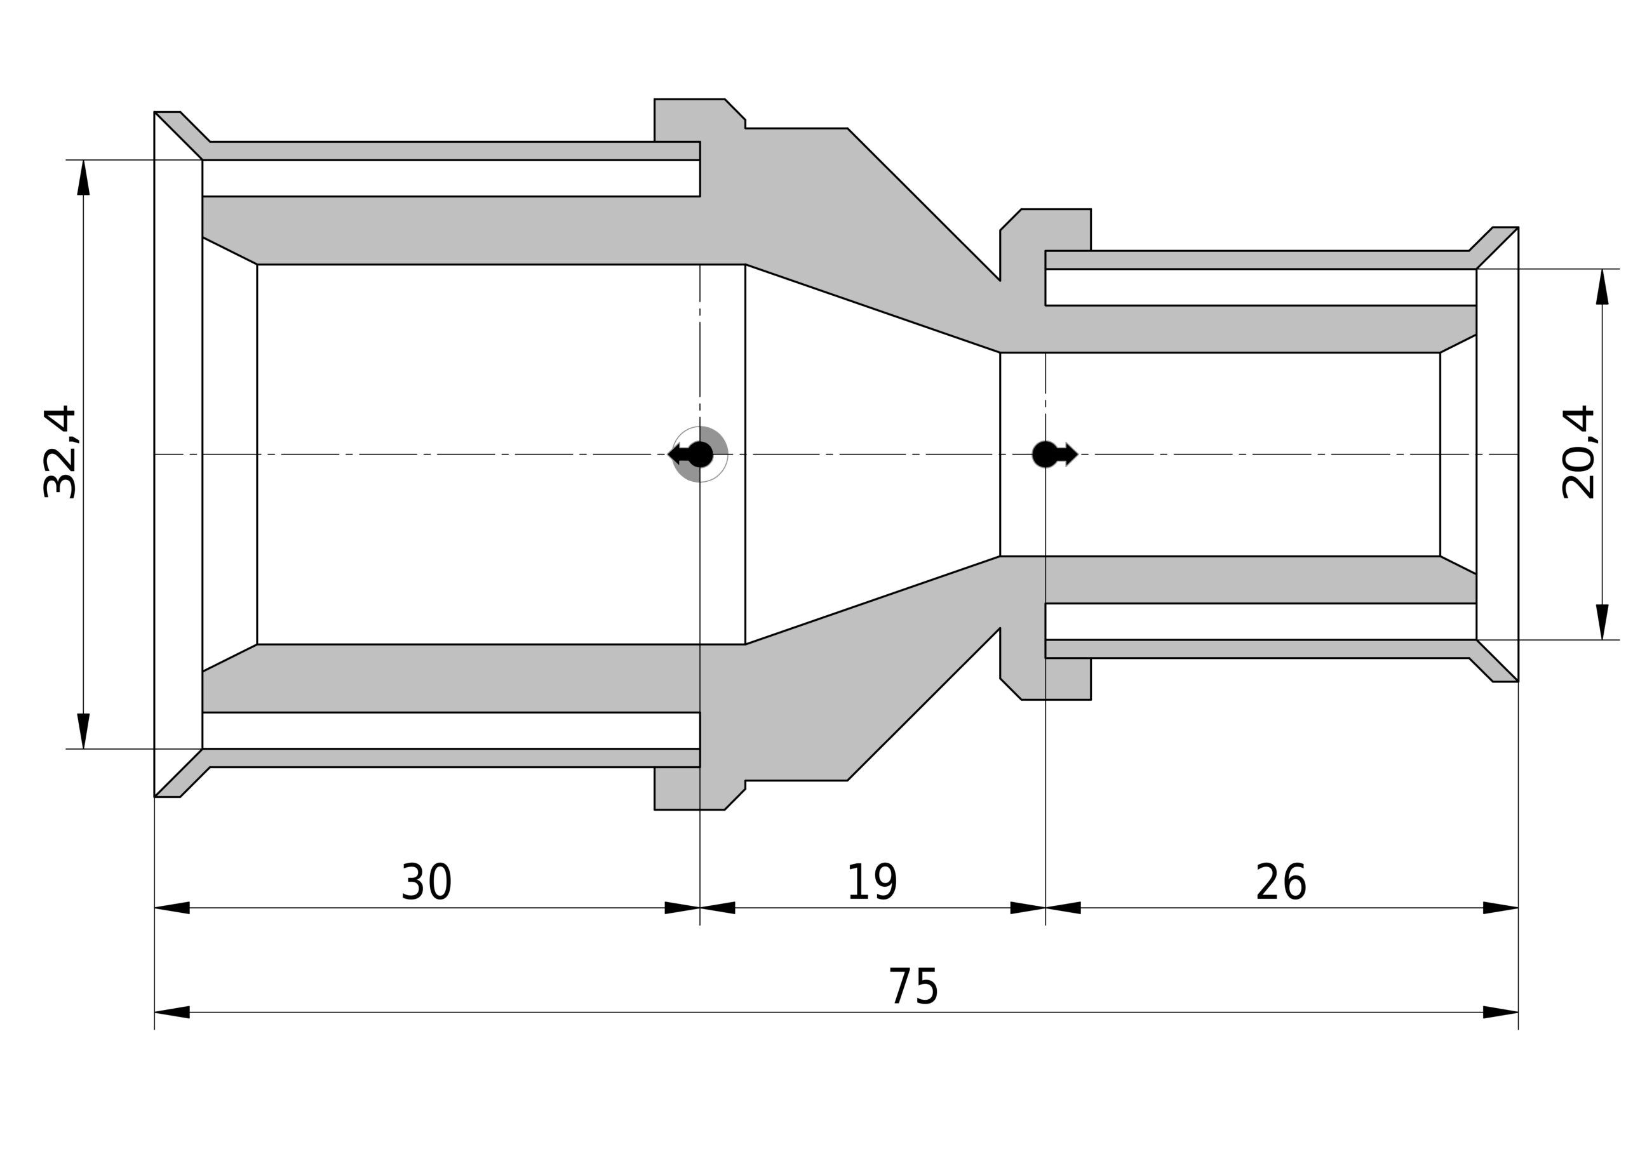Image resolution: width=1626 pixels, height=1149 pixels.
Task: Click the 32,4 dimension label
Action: click(60, 453)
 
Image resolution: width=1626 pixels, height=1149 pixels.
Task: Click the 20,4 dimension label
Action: click(1578, 453)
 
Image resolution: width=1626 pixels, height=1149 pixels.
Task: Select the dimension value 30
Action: click(426, 882)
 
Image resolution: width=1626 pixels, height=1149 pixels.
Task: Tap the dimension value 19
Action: click(872, 882)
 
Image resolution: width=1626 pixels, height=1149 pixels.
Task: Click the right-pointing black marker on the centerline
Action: click(1054, 454)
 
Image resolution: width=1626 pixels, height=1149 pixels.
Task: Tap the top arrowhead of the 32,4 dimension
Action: click(84, 177)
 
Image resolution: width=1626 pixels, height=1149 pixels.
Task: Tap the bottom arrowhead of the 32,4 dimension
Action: click(84, 731)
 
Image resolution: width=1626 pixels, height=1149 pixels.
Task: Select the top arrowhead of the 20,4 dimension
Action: click(1602, 286)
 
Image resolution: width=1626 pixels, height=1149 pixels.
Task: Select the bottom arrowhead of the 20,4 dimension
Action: click(1602, 622)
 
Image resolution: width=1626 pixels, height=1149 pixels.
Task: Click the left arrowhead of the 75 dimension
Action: click(172, 1012)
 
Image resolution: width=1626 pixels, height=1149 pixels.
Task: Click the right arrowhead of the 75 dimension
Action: click(1501, 1012)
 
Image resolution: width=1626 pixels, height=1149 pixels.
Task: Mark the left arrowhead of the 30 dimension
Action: click(172, 908)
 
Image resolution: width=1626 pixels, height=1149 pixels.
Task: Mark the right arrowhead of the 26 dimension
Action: click(1501, 908)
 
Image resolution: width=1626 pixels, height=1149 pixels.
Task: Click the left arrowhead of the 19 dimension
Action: click(717, 908)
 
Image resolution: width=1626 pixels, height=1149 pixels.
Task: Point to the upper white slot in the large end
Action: click(451, 178)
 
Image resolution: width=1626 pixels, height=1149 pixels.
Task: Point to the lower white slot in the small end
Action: click(1261, 621)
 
